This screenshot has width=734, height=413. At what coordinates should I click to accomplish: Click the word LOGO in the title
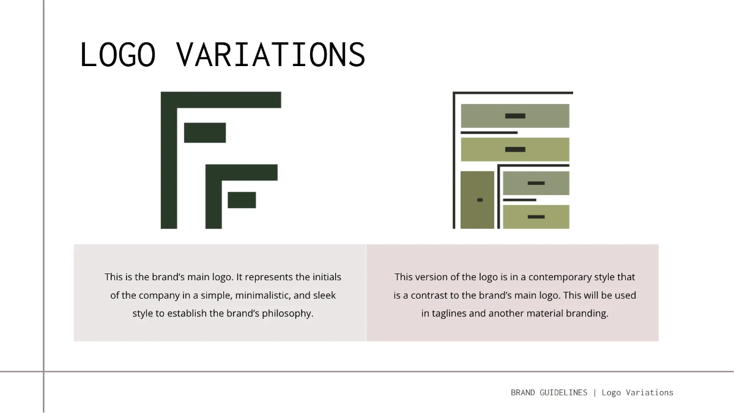pyautogui.click(x=118, y=54)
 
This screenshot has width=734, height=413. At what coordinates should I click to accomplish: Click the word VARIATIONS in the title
pyautogui.click(x=271, y=54)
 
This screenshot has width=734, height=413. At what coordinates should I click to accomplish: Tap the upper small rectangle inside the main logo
pyautogui.click(x=205, y=132)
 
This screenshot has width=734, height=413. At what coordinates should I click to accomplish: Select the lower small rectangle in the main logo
pyautogui.click(x=242, y=200)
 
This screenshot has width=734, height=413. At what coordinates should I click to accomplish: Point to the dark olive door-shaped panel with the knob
pyautogui.click(x=477, y=199)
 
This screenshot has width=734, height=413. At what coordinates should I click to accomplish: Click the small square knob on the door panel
pyautogui.click(x=480, y=200)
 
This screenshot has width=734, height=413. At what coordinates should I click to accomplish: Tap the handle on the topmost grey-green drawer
pyautogui.click(x=515, y=116)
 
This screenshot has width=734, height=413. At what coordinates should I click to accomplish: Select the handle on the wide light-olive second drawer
pyautogui.click(x=515, y=149)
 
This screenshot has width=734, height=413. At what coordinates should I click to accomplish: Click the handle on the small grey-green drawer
pyautogui.click(x=536, y=183)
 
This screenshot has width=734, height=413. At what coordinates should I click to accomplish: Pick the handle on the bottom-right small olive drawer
pyautogui.click(x=536, y=217)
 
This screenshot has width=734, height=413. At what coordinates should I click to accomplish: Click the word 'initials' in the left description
pyautogui.click(x=325, y=277)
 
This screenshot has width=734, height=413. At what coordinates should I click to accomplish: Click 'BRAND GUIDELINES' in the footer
pyautogui.click(x=549, y=393)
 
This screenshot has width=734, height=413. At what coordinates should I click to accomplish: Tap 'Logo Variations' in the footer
pyautogui.click(x=637, y=393)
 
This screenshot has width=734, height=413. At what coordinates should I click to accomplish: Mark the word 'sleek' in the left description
pyautogui.click(x=324, y=296)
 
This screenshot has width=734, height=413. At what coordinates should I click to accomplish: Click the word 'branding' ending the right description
pyautogui.click(x=587, y=314)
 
